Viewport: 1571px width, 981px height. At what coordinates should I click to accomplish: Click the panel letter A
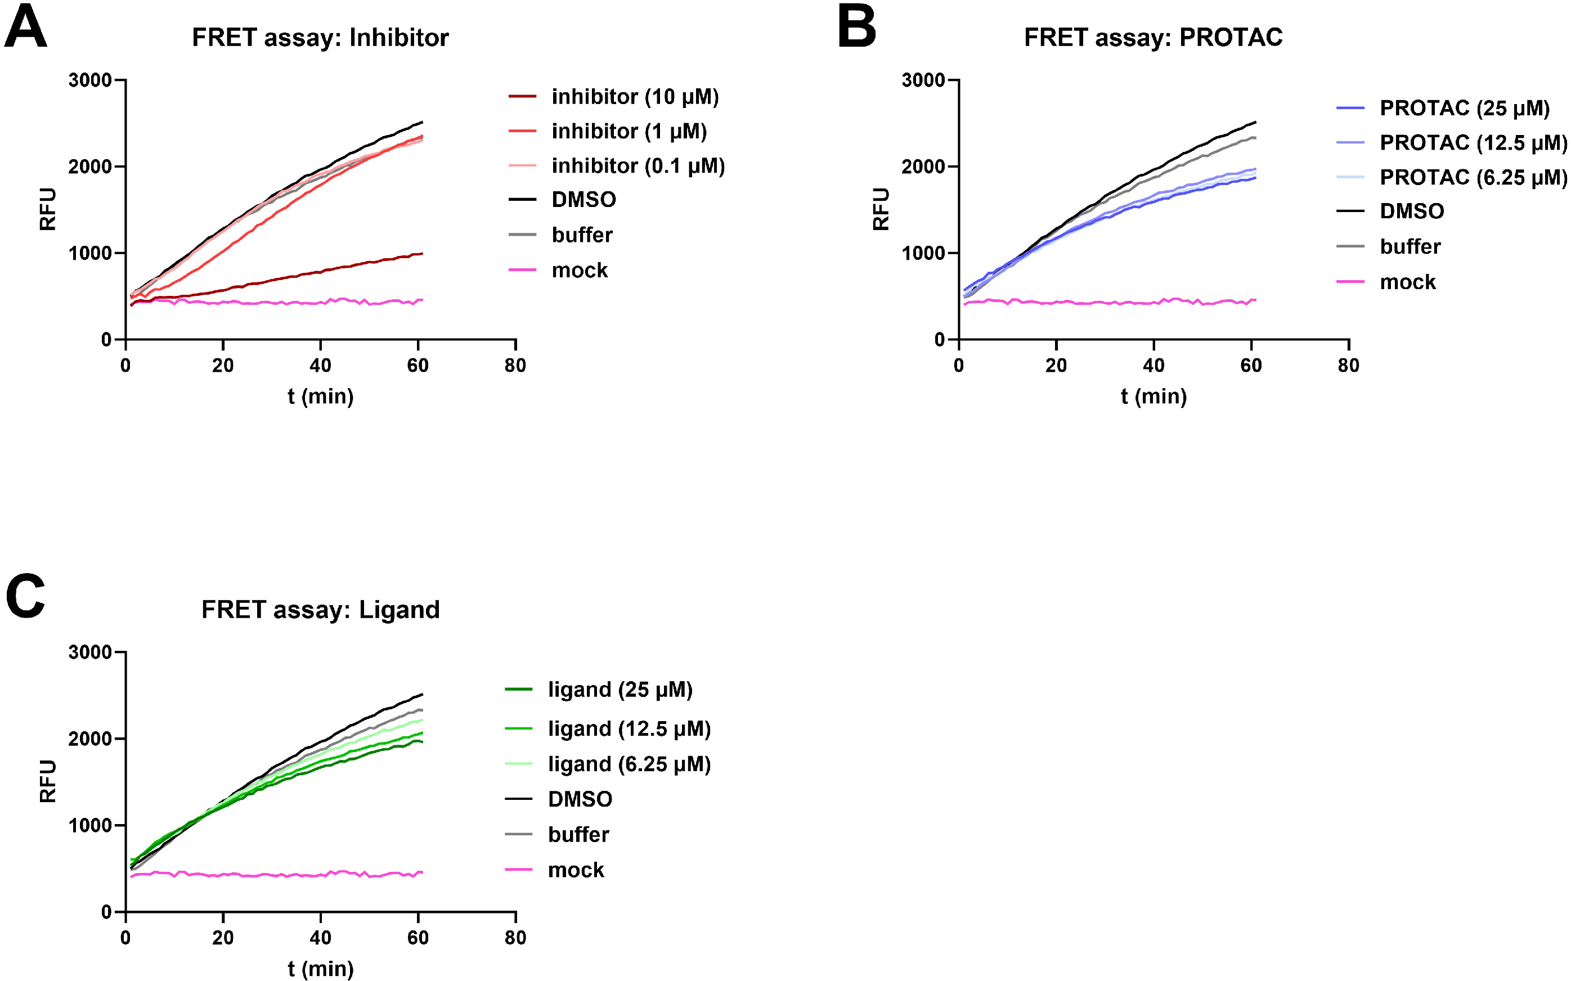tap(26, 27)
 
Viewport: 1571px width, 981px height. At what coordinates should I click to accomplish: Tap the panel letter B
tap(856, 27)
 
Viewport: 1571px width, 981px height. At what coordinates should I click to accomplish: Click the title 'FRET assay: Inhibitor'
tap(320, 38)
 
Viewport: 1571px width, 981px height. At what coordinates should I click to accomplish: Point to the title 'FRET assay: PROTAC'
tap(1153, 38)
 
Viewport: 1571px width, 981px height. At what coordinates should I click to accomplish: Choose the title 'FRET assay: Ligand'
tap(320, 610)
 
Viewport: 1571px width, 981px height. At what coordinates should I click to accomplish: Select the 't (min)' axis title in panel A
tap(321, 397)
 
